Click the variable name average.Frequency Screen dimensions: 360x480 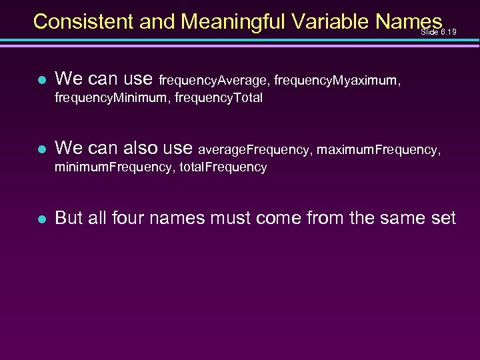[x=254, y=151]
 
